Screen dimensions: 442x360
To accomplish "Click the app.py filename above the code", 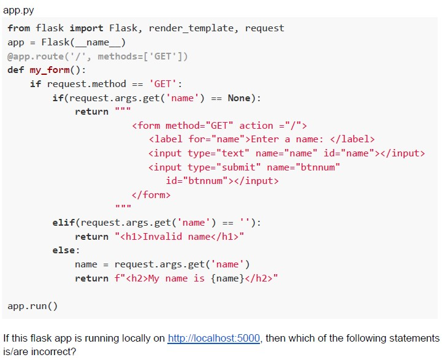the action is click(x=18, y=10).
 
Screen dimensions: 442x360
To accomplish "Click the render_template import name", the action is click(x=191, y=28).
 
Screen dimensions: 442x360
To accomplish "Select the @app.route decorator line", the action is click(x=97, y=56).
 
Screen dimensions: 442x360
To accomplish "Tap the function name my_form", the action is click(x=50, y=70).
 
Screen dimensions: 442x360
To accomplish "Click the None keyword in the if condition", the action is click(x=239, y=98).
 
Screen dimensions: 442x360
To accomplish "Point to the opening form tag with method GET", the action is click(x=219, y=126).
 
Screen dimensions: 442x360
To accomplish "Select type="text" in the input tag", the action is click(x=218, y=153).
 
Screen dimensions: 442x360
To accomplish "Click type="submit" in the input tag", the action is click(x=224, y=167).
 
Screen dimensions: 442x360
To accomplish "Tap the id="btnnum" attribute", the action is click(x=197, y=181).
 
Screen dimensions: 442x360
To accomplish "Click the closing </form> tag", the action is click(x=151, y=195).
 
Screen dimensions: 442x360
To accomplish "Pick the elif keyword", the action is click(x=64, y=223).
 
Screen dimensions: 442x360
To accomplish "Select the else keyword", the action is click(x=64, y=250).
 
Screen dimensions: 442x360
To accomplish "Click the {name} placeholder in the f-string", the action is click(x=227, y=278).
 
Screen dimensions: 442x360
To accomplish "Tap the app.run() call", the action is click(x=32, y=306).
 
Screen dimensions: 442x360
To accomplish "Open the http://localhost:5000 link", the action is click(x=214, y=338).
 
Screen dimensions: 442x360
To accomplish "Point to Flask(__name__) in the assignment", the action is click(x=83, y=42).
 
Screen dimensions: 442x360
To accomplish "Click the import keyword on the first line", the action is click(x=86, y=28).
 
